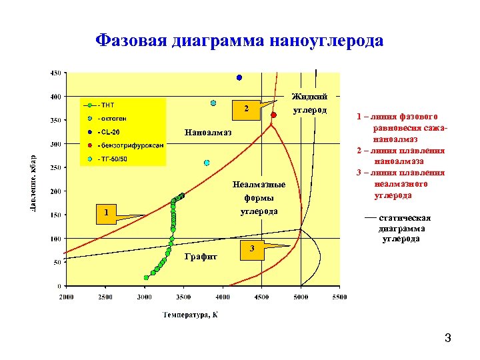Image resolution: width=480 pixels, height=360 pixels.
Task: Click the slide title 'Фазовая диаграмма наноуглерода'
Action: [239, 41]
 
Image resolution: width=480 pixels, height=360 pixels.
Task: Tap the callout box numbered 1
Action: [105, 213]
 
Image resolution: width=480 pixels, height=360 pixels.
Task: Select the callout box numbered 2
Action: [246, 108]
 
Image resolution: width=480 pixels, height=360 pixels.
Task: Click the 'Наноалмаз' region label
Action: [208, 132]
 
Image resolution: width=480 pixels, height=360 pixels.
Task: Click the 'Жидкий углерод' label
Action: [309, 103]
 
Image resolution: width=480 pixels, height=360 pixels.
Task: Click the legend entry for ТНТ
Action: [107, 105]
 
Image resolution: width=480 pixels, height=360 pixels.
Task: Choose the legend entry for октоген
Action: [113, 119]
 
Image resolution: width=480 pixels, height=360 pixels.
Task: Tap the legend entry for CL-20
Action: [109, 132]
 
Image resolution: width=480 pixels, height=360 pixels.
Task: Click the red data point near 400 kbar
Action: [273, 115]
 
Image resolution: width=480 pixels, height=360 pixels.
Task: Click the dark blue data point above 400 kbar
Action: [239, 78]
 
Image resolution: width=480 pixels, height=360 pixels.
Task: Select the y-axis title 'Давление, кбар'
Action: [33, 181]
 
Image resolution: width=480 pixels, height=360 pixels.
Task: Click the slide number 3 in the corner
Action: [448, 339]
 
